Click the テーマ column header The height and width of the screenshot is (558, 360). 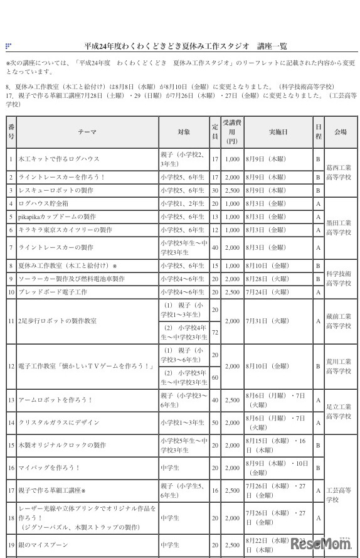click(x=87, y=132)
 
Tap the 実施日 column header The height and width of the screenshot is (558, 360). click(x=278, y=132)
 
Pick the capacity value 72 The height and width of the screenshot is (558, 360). click(x=214, y=331)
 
